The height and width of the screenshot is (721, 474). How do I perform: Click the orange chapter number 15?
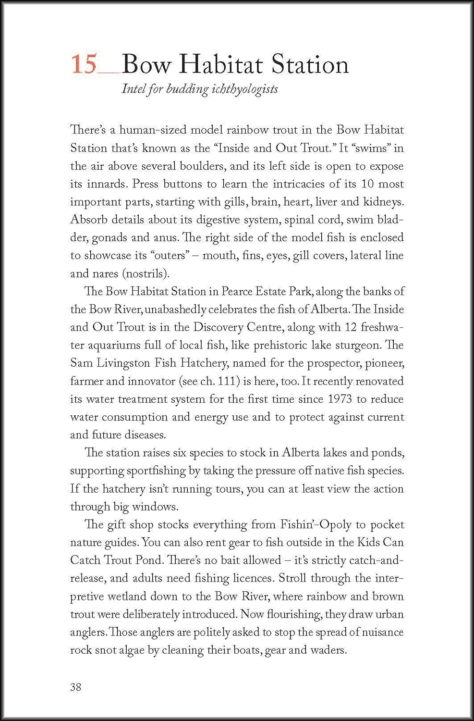[84, 65]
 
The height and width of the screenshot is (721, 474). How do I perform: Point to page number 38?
[76, 687]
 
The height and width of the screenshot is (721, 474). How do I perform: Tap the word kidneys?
[384, 202]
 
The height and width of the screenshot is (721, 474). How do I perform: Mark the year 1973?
[341, 399]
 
